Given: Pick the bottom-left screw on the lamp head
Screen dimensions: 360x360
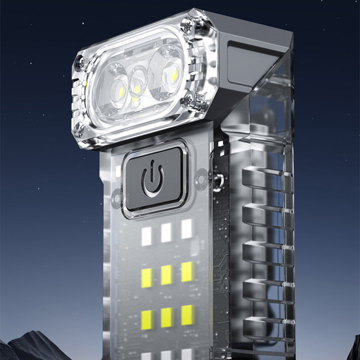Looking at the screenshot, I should coord(80,130).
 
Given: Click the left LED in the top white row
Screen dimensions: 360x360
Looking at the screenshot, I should coord(147,236).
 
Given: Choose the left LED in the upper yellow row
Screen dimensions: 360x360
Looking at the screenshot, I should coord(147,278).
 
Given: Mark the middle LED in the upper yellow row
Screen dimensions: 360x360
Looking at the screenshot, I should coord(166,274).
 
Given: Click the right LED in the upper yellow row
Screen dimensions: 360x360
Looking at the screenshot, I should coord(187,272).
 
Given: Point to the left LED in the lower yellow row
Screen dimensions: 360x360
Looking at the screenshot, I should coord(147,319).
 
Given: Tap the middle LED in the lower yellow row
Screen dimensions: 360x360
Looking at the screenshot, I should coord(166,317).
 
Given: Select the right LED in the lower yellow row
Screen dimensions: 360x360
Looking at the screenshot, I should coord(187,315).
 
